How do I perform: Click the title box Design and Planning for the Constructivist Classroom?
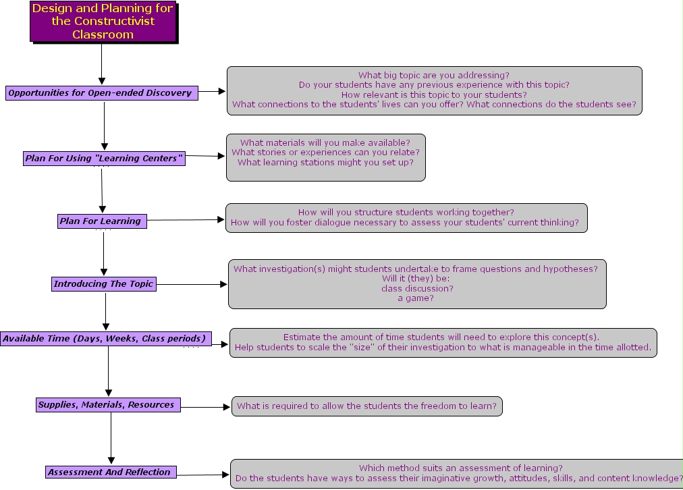click(x=103, y=22)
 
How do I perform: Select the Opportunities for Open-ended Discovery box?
click(x=102, y=92)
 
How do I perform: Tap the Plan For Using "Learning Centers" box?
click(x=104, y=159)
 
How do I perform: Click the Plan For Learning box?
click(x=102, y=221)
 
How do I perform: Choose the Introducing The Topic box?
click(x=104, y=284)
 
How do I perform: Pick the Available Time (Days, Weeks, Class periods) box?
click(x=106, y=338)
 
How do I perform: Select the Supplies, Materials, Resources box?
click(x=108, y=405)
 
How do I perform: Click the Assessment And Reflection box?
click(x=111, y=472)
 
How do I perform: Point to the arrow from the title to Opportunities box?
click(x=101, y=63)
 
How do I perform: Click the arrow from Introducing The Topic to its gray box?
click(x=192, y=284)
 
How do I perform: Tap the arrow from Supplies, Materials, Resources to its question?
click(x=205, y=407)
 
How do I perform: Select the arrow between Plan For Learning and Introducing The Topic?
click(x=104, y=252)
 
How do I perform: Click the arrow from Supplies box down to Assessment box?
click(x=111, y=438)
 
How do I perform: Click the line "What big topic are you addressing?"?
click(x=434, y=76)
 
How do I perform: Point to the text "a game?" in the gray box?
click(x=416, y=298)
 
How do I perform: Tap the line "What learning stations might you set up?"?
click(x=325, y=163)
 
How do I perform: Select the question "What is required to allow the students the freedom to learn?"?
click(x=366, y=406)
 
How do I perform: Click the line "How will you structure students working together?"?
click(x=406, y=213)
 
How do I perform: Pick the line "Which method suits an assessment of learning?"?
click(x=461, y=468)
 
